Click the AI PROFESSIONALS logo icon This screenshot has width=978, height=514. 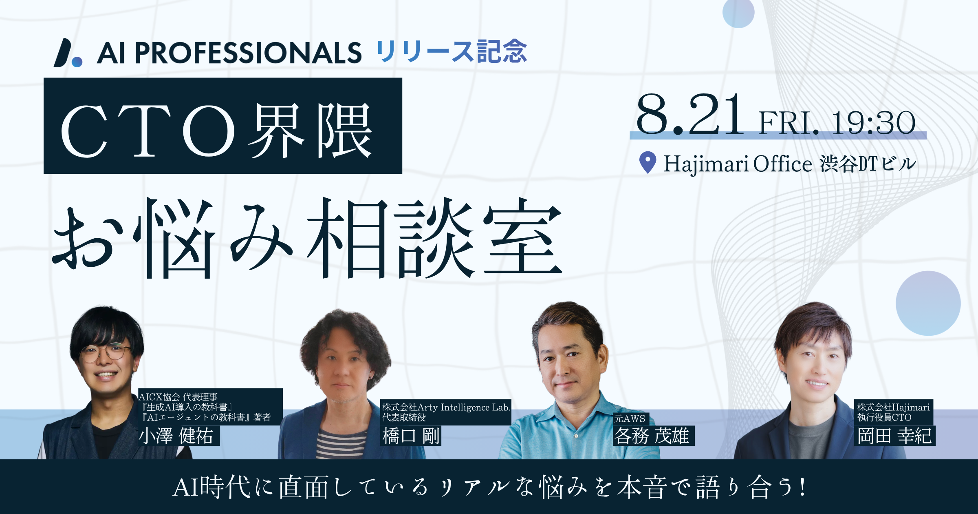point(67,53)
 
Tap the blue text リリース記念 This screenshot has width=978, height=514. point(452,52)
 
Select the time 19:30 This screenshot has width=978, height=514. point(874,123)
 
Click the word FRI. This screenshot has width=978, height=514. point(789,123)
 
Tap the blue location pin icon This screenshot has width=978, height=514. point(648,162)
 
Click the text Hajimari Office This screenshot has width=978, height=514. point(738,164)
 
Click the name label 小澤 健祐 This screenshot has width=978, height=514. point(176,436)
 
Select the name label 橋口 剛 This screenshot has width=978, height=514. point(411,436)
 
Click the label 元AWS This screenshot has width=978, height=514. point(630,419)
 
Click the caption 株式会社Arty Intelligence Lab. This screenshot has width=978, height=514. point(446,407)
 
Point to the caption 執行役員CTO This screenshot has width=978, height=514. point(884,417)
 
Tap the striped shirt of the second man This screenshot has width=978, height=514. point(341,444)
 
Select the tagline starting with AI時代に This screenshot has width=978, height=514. point(489,487)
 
